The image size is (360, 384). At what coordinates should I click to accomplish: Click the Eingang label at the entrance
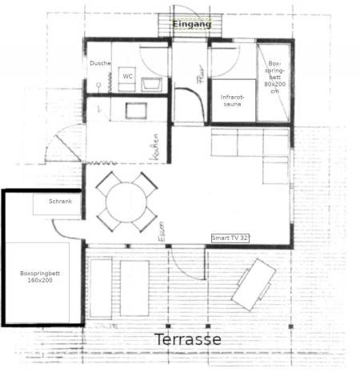coord(192,24)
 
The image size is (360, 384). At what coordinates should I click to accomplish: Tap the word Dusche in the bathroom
coord(100,63)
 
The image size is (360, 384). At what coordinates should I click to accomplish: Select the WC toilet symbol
coord(127,79)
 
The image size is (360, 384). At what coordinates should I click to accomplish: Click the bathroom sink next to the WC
coord(151,84)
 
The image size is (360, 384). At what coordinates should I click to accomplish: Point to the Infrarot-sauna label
coord(232,101)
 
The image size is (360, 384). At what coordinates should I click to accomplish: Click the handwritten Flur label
coord(201,74)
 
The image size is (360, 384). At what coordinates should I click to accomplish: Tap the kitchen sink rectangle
coord(136,110)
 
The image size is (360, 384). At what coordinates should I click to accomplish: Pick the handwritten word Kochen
coord(154,147)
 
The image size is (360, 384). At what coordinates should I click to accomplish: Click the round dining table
coord(126,202)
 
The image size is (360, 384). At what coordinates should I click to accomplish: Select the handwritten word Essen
coord(162,231)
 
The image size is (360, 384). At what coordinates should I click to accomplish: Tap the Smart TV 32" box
coord(230,238)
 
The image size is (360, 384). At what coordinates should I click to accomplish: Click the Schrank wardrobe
coord(57,204)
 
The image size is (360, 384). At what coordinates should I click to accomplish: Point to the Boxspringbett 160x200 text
coord(40,277)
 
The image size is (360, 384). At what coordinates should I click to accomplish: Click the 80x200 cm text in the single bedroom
coord(275,87)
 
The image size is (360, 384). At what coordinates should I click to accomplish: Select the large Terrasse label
coord(188,339)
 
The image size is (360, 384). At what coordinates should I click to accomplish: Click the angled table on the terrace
coord(254,285)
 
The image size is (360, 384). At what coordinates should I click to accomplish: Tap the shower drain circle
coord(98,85)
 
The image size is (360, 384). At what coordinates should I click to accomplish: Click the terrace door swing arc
coord(182,270)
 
